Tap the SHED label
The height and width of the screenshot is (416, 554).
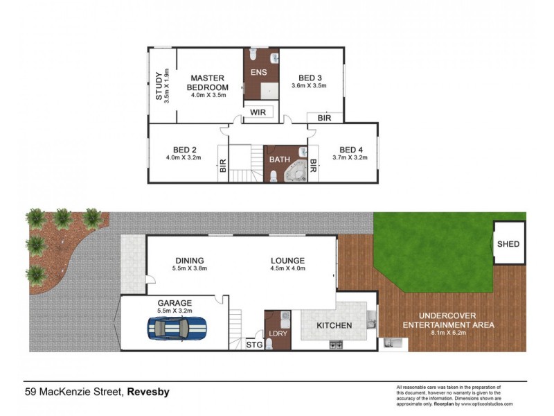(509, 244)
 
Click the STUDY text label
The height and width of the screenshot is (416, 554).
(159, 86)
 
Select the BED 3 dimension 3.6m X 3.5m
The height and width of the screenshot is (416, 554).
(308, 86)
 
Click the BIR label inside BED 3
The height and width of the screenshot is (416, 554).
(325, 119)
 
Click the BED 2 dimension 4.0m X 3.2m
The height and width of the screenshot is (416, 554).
(184, 157)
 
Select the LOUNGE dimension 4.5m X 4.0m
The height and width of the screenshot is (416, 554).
(287, 268)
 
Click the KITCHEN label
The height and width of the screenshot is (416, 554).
(334, 325)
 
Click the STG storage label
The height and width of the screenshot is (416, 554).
(253, 345)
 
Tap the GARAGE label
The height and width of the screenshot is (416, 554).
(175, 303)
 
